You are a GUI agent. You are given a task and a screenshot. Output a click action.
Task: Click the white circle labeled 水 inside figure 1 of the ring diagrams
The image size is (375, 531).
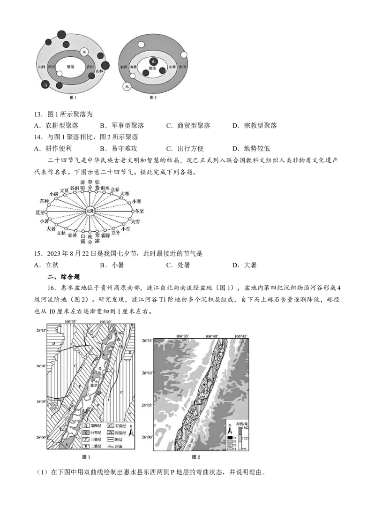tap(84, 52)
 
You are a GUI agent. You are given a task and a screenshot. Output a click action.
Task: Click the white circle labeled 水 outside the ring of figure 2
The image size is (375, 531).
tap(126, 86)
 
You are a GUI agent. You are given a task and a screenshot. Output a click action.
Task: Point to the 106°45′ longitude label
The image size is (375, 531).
tap(241, 336)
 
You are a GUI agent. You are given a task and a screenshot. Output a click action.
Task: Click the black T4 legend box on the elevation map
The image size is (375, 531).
tap(231, 437)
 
